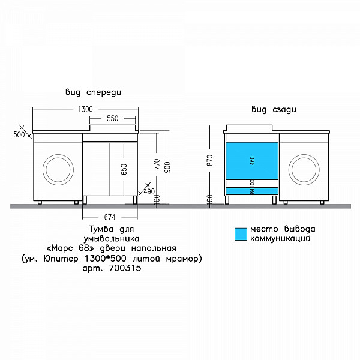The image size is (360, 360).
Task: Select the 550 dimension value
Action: tap(112, 119)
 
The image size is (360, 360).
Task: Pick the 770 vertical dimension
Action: tap(157, 166)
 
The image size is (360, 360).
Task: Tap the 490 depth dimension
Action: tap(149, 191)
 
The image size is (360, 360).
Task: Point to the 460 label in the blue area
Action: tap(253, 160)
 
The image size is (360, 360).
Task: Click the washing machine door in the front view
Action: tap(57, 169)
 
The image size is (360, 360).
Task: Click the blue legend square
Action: tap(240, 234)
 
